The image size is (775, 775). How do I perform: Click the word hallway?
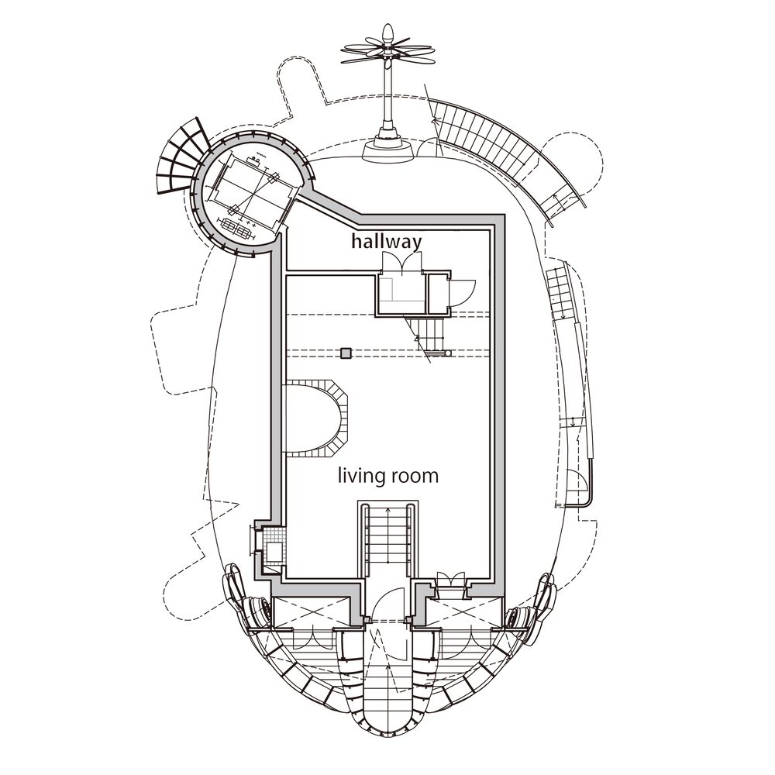387,242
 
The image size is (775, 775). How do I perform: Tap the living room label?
388,476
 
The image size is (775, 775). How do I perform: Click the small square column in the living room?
346,353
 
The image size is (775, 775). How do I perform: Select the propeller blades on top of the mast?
388,48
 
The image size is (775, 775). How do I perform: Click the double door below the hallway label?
401,262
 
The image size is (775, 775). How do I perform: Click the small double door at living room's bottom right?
451,580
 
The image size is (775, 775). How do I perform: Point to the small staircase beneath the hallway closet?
428,336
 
